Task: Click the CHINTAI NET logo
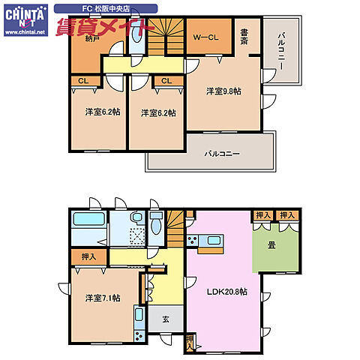tap(26, 20)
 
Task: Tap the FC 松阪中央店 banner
tap(106, 9)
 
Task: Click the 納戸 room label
tap(91, 39)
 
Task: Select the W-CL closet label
tap(205, 37)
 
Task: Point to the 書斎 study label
tap(244, 37)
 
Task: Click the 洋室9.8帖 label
tap(223, 91)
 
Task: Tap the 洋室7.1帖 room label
tap(103, 298)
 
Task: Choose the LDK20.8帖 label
tap(227, 292)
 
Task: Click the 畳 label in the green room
tap(271, 245)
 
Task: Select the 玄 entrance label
tap(166, 319)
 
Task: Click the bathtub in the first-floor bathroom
tap(88, 218)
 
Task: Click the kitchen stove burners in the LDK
tap(192, 241)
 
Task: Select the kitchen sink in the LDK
tap(214, 241)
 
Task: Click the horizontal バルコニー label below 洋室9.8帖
tap(222, 153)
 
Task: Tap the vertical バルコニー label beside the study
tap(280, 51)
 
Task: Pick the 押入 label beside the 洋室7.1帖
tap(88, 256)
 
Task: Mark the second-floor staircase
tap(166, 37)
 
